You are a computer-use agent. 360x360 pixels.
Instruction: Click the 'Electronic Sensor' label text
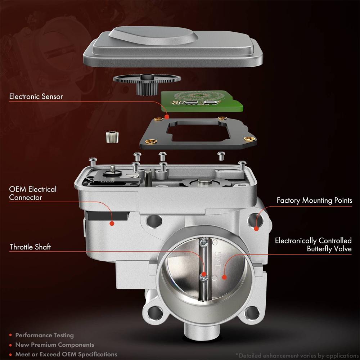[x=36, y=96]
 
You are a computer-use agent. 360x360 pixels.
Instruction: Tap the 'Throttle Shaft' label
[x=30, y=247]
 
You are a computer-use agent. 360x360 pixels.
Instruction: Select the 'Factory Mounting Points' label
[x=314, y=200]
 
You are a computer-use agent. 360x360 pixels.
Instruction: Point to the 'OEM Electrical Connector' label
[x=33, y=193]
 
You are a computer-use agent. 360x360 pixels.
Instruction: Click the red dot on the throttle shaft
[x=204, y=276]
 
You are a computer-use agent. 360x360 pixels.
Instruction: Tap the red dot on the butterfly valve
[x=224, y=277]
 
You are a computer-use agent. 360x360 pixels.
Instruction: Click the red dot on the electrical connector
[x=112, y=223]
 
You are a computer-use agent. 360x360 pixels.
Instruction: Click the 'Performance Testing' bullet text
[x=44, y=335]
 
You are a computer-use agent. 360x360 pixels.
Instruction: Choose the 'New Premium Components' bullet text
[x=54, y=345]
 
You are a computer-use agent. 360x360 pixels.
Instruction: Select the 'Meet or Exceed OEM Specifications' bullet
[x=66, y=354]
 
